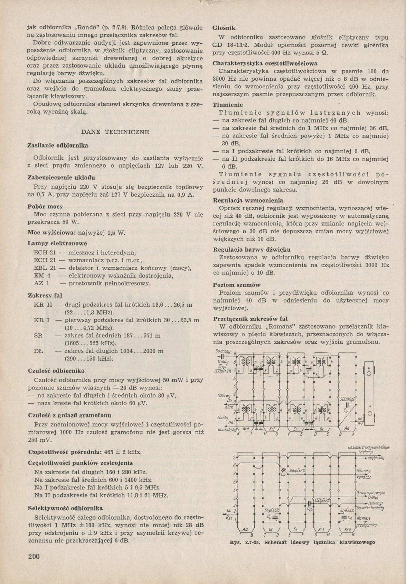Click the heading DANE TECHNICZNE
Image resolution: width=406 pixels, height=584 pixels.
pos(115,132)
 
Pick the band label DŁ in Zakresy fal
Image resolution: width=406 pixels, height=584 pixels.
pos(39,351)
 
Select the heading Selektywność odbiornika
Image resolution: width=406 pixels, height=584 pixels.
pos(65,508)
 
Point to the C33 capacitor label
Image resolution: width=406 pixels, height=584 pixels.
pos(346,410)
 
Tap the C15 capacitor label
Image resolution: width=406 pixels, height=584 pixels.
pos(283,475)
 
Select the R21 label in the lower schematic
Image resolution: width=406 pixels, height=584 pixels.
pos(229,518)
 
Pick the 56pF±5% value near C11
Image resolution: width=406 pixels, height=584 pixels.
pos(271,511)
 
